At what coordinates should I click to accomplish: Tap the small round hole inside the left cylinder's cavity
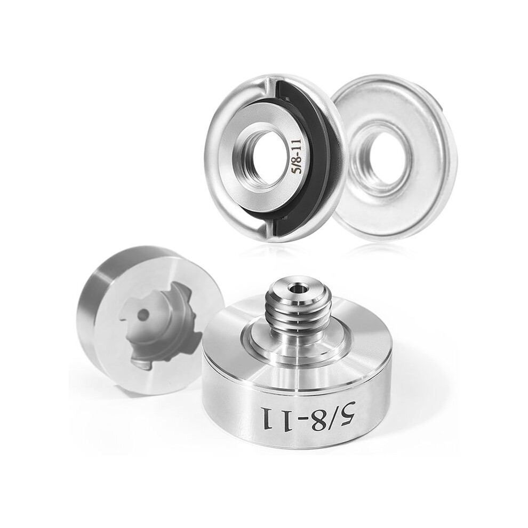point(144,315)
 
